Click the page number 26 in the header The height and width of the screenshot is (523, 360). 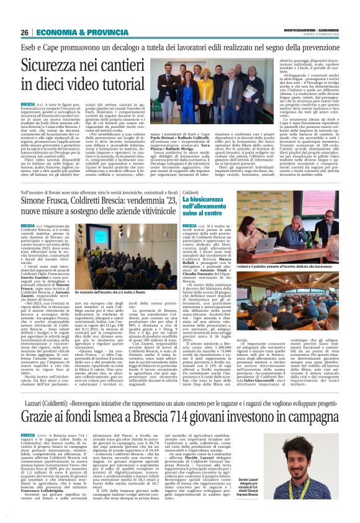(25, 32)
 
